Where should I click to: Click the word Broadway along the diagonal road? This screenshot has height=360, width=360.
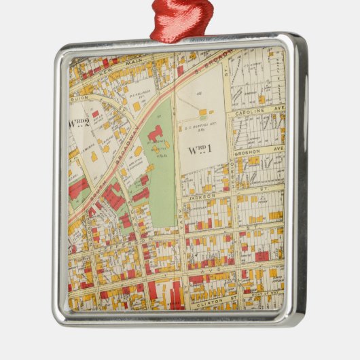click(126, 158)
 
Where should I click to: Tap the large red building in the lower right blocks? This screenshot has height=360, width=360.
click(262, 257)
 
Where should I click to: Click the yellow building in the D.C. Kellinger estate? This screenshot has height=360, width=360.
click(137, 106)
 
